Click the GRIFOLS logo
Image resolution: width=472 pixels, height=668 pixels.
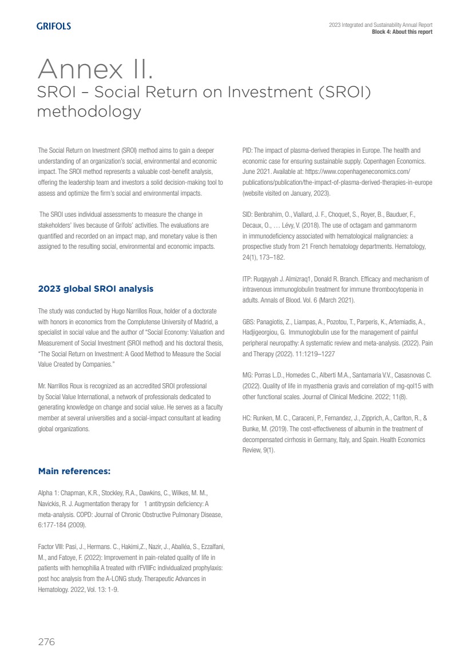[x=54, y=26]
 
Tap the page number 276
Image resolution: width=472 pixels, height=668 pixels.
[x=46, y=642]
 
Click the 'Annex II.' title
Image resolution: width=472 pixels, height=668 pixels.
[x=95, y=70]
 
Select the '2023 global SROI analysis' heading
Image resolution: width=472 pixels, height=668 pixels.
[x=96, y=289]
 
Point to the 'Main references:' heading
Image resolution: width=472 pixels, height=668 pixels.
[x=74, y=471]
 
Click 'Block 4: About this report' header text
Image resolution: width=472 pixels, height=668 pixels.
[x=402, y=32]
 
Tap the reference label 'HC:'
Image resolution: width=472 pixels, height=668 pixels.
[x=248, y=418]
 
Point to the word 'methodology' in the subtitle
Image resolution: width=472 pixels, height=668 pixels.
[x=89, y=112]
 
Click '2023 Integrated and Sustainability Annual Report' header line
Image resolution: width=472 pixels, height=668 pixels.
[x=380, y=25]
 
